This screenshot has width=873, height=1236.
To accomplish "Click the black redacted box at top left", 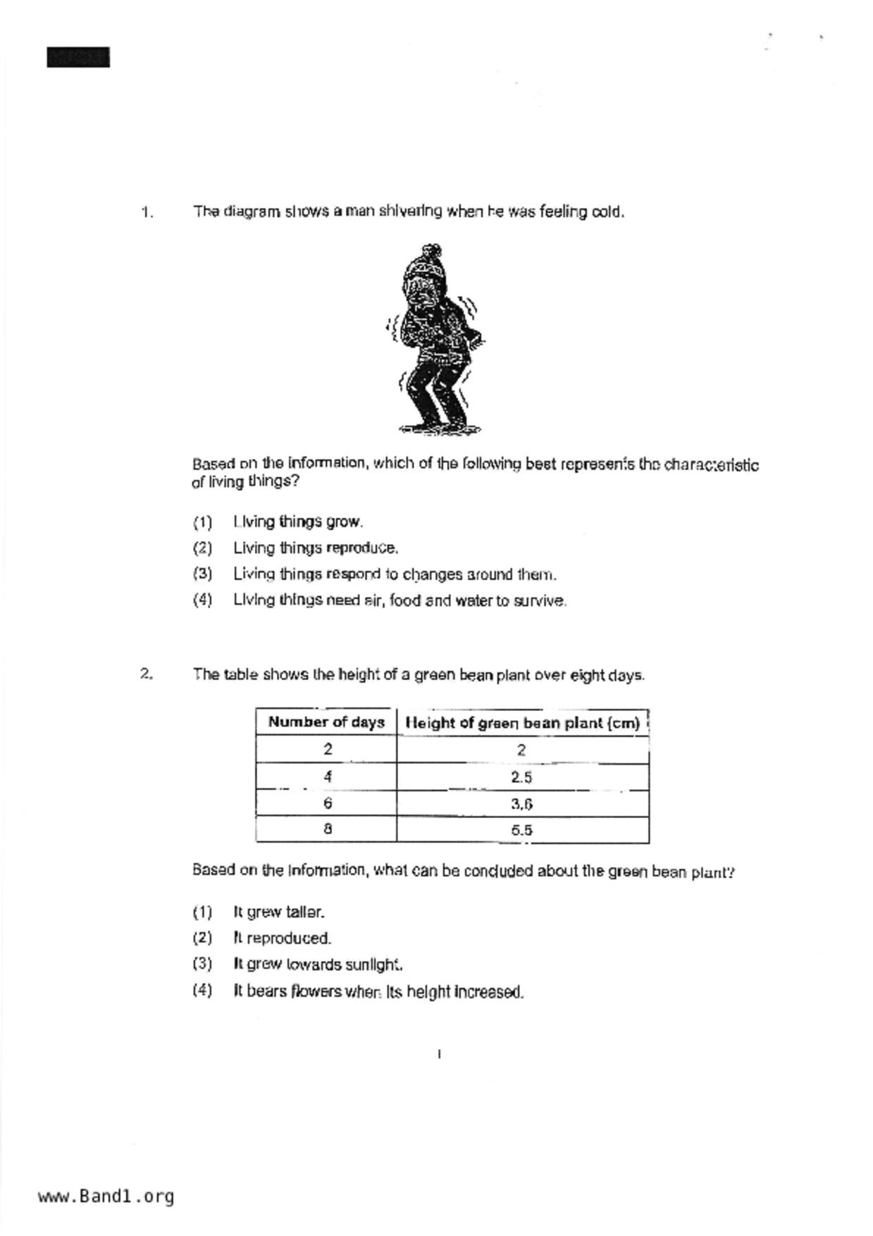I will pos(78,57).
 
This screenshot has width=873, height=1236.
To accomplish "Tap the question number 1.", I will pos(147,212).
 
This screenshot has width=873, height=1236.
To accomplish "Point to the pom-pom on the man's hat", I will pos(431,251).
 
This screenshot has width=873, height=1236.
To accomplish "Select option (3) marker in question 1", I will pos(202,574).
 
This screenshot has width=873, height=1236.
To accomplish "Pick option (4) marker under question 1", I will pos(202,600).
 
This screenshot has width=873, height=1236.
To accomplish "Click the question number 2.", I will pos(146,674).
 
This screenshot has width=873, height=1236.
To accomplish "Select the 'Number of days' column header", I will pos(326,722).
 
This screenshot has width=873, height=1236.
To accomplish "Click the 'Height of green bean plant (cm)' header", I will pos(523,723).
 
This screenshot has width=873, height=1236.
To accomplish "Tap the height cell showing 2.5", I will pos(521,777).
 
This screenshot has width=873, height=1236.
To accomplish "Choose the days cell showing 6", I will pos(328,803).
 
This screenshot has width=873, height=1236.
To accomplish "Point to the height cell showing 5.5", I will pos(521,830).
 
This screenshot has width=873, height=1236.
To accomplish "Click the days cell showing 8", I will pos(328,829).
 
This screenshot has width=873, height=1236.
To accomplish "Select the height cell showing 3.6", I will pos(521,804).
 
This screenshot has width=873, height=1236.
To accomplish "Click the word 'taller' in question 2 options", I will pos(304,912).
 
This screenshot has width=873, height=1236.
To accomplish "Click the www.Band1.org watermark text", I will pos(106,1197).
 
